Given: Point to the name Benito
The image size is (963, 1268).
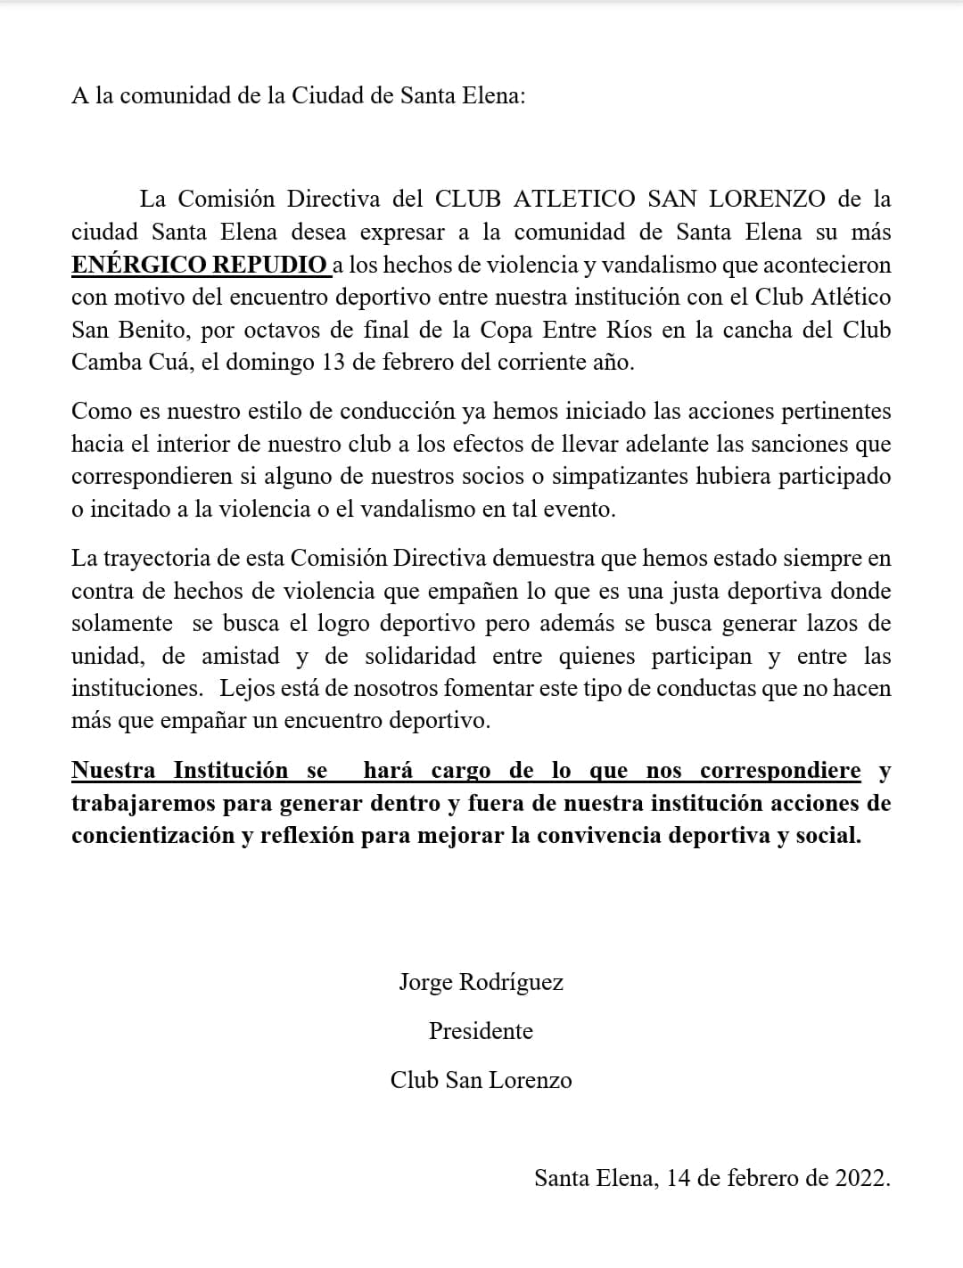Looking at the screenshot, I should pos(152,330).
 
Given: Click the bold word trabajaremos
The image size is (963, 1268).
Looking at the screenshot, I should pos(144,804).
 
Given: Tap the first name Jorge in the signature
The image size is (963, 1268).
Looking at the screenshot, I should pos(425,982).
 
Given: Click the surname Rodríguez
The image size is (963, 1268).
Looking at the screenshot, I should pos(511,982).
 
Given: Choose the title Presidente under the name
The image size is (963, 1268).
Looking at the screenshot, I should pos(481,1031).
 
